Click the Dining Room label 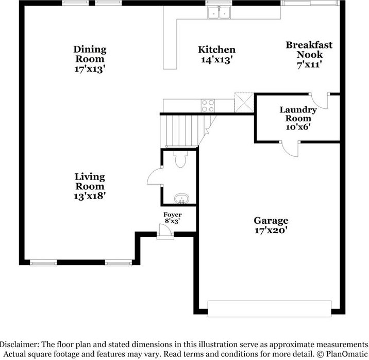coord(90,54)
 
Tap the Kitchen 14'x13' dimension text coord(217,60)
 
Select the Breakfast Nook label coord(309,50)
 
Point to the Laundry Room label coord(298,114)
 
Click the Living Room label coord(90,182)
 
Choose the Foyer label coord(172,215)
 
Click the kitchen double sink coord(219,12)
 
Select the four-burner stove coord(208,106)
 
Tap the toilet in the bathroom coord(180,160)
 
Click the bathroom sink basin coord(180,198)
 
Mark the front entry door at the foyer coord(165,235)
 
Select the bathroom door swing coord(155,176)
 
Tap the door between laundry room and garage coord(290,148)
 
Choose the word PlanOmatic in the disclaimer coord(345,354)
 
